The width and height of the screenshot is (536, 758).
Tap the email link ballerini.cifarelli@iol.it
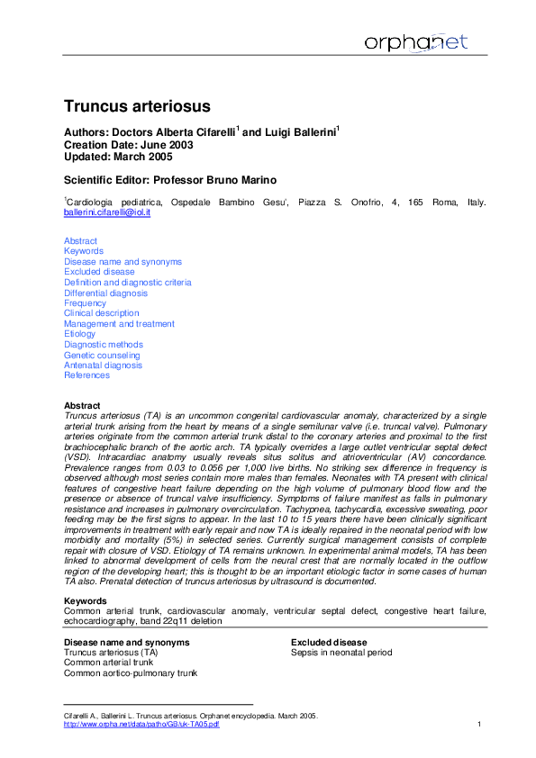106,212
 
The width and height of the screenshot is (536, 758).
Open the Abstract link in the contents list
80,240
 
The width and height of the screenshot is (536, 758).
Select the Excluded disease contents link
99,272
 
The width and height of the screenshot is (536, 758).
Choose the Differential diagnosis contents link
105,293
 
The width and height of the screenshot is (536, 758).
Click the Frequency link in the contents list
85,303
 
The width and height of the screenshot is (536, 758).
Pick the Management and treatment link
119,324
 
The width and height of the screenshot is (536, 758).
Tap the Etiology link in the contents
79,334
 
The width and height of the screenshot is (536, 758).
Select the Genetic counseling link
102,356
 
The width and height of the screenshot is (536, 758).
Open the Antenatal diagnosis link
103,365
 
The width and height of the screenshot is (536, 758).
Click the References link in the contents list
86,375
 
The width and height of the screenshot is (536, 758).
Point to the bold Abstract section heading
82,406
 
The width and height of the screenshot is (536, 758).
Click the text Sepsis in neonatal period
341,653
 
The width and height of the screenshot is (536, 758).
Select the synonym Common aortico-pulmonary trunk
130,672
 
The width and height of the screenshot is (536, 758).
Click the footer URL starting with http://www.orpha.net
141,725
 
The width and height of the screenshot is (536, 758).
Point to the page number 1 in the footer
479,725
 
